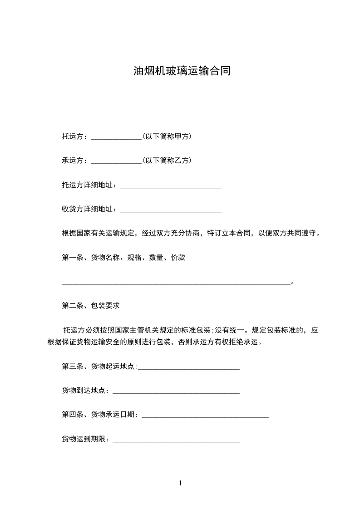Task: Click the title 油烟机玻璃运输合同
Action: coord(182,71)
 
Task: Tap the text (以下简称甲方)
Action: coord(167,136)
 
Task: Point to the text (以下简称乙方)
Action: coord(167,161)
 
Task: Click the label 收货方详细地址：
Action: coord(89,209)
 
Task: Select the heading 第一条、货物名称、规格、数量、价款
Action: coord(123,258)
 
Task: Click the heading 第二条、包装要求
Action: coord(91,306)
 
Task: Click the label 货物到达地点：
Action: coord(86,391)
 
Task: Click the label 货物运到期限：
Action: coord(86,439)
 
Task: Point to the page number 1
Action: coord(180,483)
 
